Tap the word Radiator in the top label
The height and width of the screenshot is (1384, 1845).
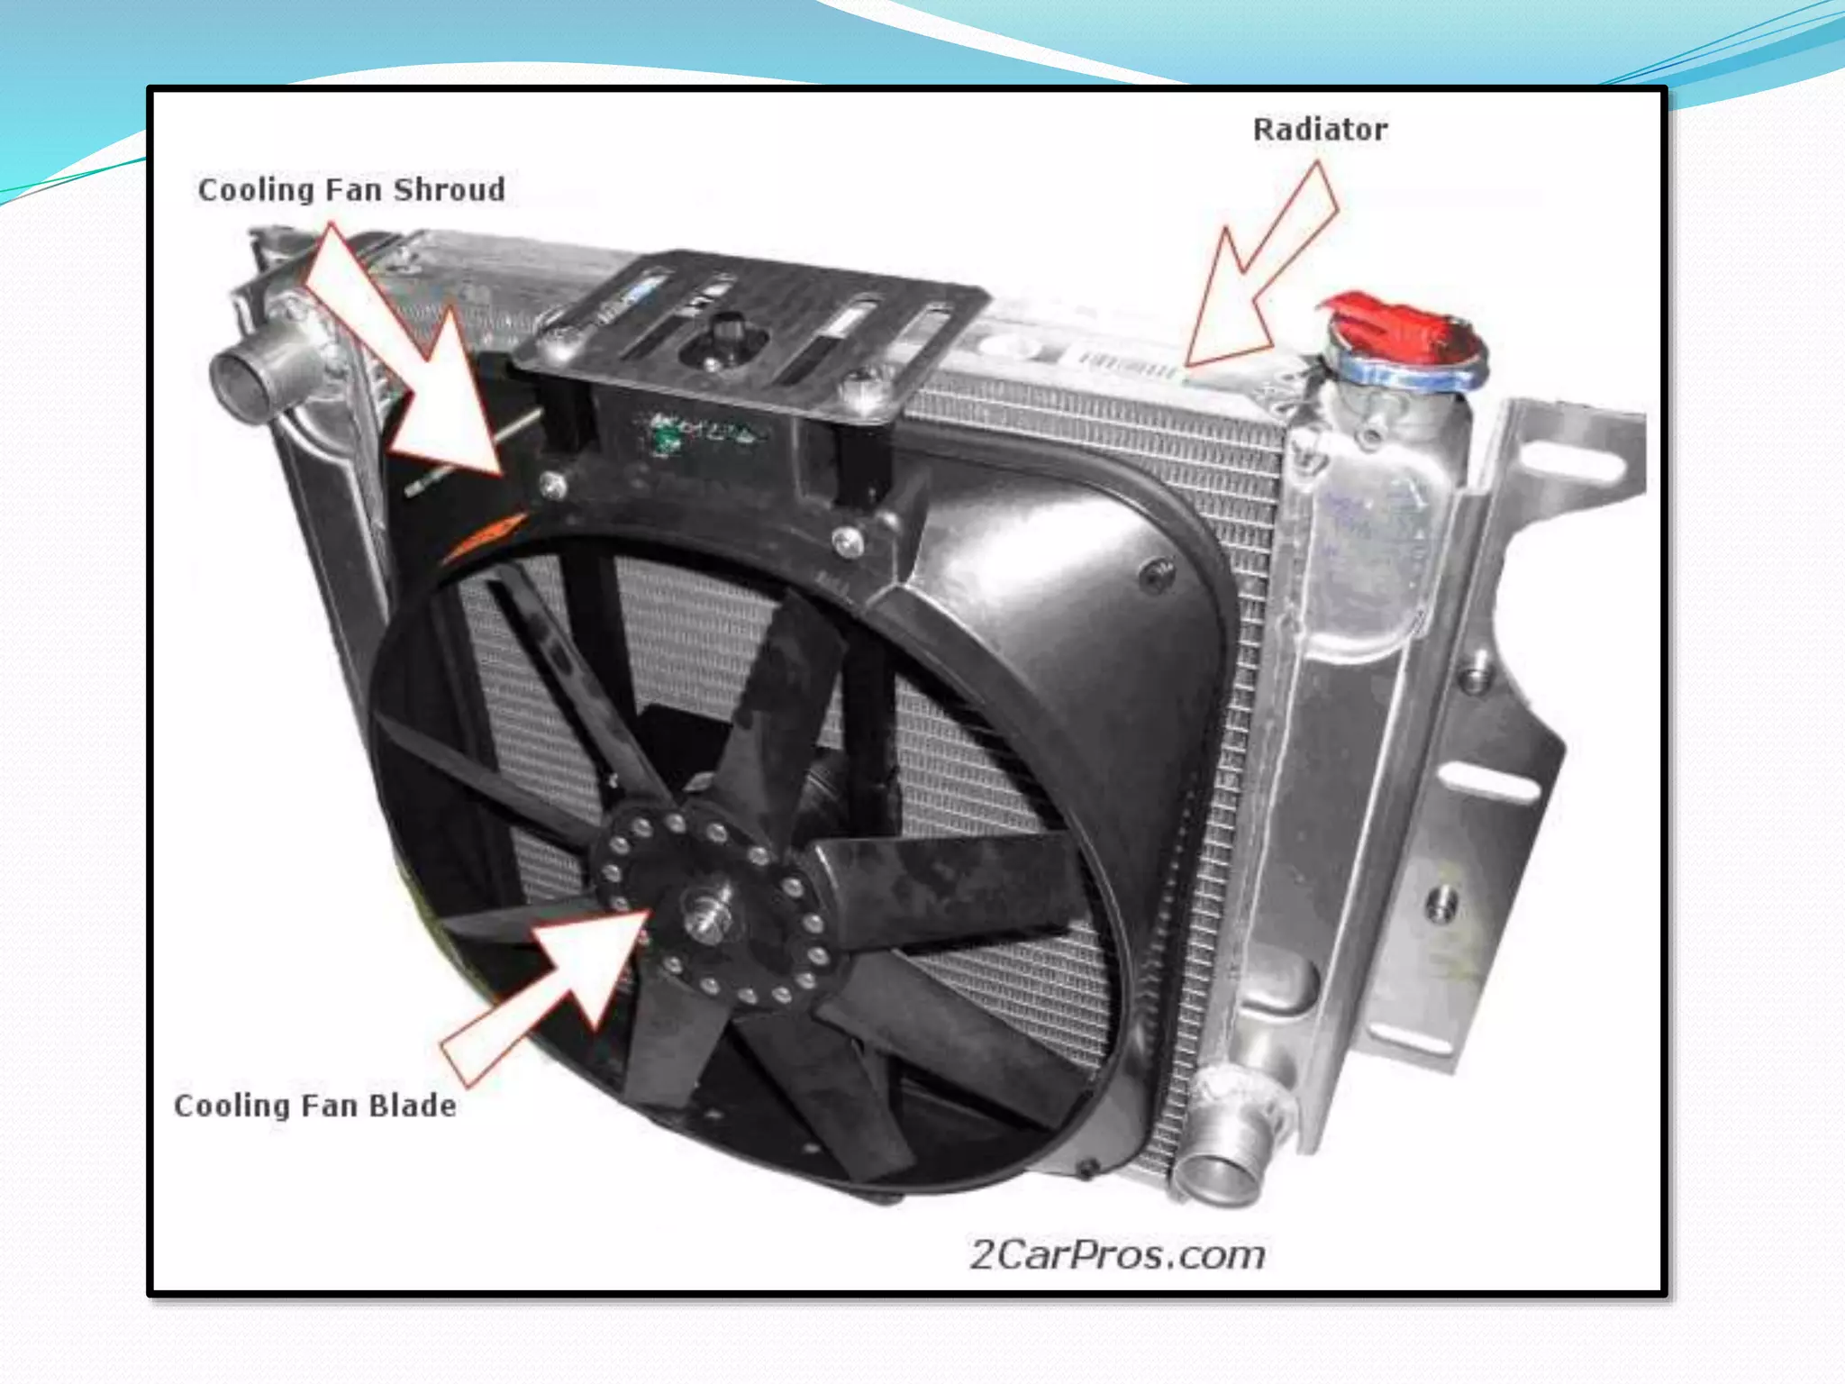point(1320,130)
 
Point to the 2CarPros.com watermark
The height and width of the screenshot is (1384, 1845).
point(1117,1254)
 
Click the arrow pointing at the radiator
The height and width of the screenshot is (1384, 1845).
point(1261,270)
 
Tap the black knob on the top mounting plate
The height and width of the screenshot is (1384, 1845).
point(726,330)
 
